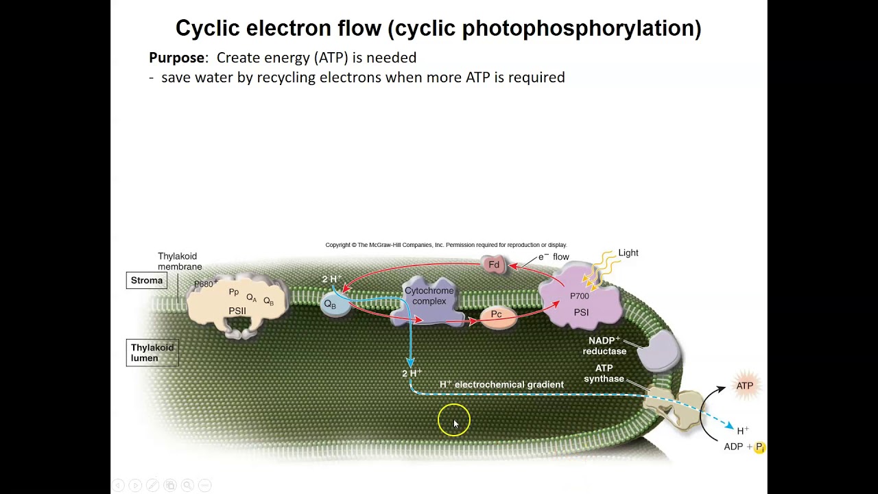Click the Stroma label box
pos(147,281)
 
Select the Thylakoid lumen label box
pos(152,353)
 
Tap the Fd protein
pos(494,265)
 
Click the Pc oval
pos(496,315)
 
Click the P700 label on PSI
pos(580,296)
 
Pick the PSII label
pos(237,311)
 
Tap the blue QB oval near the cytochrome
pos(331,305)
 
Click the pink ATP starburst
pos(744,386)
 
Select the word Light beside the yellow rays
pos(628,253)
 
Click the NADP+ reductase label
pos(604,346)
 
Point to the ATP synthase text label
pos(604,373)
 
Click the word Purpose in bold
pos(176,58)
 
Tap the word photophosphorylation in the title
pos(581,28)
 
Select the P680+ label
pos(206,283)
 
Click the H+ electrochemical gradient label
pos(501,385)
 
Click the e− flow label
pos(554,257)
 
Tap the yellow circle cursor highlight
pos(454,420)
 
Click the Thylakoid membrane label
pos(180,261)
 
